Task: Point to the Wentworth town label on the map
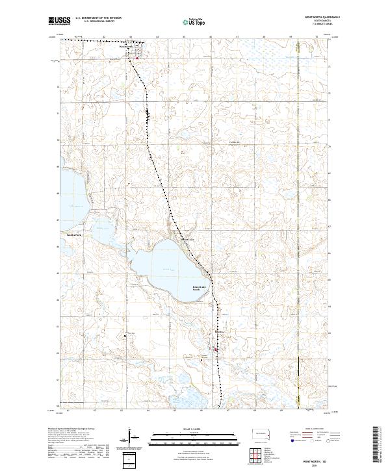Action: (125, 46)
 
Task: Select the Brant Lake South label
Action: (200, 288)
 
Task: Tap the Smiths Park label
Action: (73, 235)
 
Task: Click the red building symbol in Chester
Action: (216, 351)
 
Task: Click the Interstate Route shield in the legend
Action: (289, 440)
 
